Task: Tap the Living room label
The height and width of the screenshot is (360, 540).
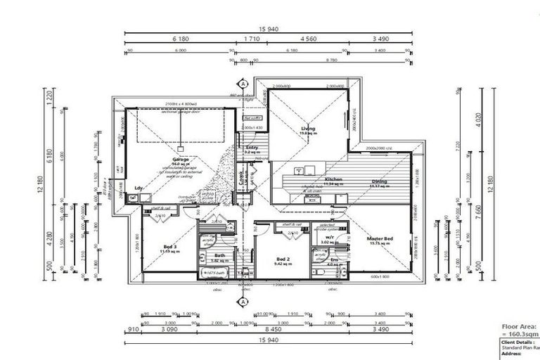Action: point(308,129)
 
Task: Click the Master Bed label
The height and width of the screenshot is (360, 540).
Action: point(380,240)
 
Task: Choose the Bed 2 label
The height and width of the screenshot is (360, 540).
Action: point(281,258)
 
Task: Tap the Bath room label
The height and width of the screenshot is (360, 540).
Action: point(219,256)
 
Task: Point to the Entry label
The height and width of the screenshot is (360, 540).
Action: point(252,148)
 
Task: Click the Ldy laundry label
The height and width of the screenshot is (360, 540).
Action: point(139,188)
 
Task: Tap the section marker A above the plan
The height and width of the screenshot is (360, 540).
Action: point(243,84)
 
